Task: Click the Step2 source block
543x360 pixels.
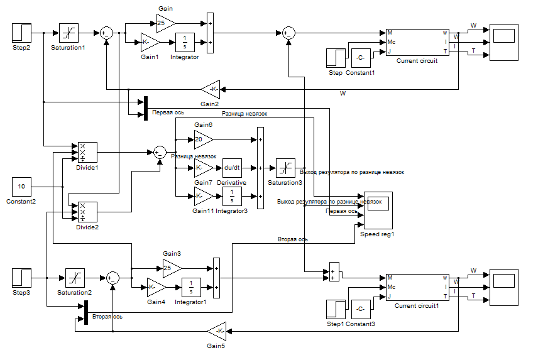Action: coord(21,33)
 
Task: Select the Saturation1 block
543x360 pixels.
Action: coord(69,33)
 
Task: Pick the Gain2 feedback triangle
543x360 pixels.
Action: coord(210,89)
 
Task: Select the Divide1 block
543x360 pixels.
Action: coord(87,153)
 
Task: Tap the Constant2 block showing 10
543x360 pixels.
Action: coord(21,187)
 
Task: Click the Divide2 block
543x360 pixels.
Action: coord(87,212)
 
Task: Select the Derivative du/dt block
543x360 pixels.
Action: coord(232,168)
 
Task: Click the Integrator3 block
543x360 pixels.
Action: coord(232,196)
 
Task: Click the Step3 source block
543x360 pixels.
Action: coord(21,278)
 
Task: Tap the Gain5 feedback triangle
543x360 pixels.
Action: coord(217,330)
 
